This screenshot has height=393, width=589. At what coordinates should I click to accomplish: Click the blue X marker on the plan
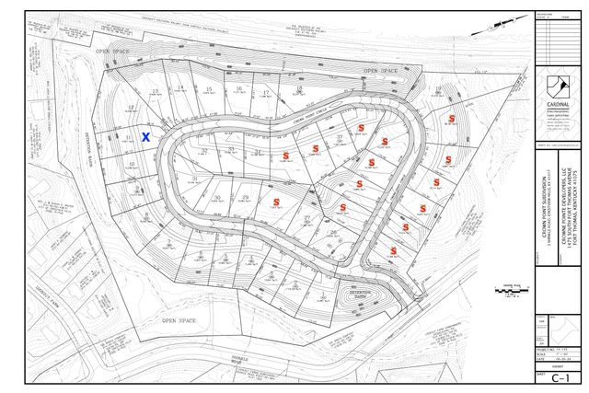pyautogui.click(x=146, y=136)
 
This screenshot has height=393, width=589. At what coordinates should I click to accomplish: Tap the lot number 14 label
pyautogui.click(x=181, y=87)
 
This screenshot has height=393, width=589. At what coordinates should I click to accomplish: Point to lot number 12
pyautogui.click(x=132, y=108)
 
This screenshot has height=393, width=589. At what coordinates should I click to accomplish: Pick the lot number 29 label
pyautogui.click(x=246, y=197)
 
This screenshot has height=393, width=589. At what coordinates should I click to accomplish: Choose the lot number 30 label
pyautogui.click(x=216, y=197)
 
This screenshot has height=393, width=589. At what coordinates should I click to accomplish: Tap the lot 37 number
pyautogui.click(x=340, y=136)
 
